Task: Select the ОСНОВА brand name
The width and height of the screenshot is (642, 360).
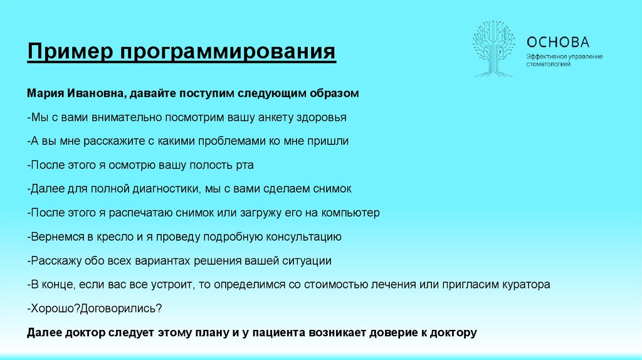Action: click(x=558, y=42)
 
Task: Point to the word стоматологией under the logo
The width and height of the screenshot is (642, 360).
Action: click(x=548, y=65)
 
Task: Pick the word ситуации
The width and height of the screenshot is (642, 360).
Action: click(x=308, y=260)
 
